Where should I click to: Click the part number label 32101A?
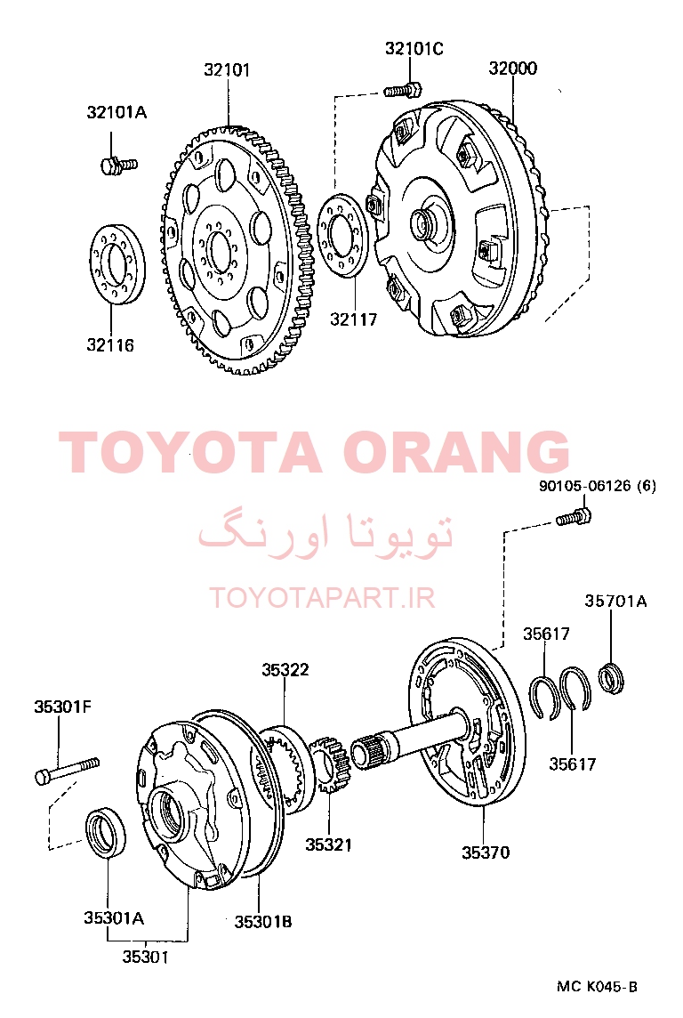click(117, 112)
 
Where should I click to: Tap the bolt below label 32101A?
click(118, 165)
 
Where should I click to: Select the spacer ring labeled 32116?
click(117, 263)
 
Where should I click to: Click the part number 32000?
click(512, 69)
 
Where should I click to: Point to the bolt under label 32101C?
click(402, 90)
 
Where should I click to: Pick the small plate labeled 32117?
click(344, 235)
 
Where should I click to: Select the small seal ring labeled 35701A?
click(613, 677)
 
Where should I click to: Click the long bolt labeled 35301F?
click(67, 770)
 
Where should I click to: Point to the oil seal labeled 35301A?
click(107, 832)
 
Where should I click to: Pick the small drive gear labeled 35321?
click(331, 764)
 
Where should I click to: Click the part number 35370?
click(486, 852)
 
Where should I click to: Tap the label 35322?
click(285, 669)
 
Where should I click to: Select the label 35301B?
click(262, 921)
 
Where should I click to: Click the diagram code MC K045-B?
click(597, 987)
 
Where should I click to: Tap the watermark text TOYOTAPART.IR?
click(322, 597)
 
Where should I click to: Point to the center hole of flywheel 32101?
click(219, 247)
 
